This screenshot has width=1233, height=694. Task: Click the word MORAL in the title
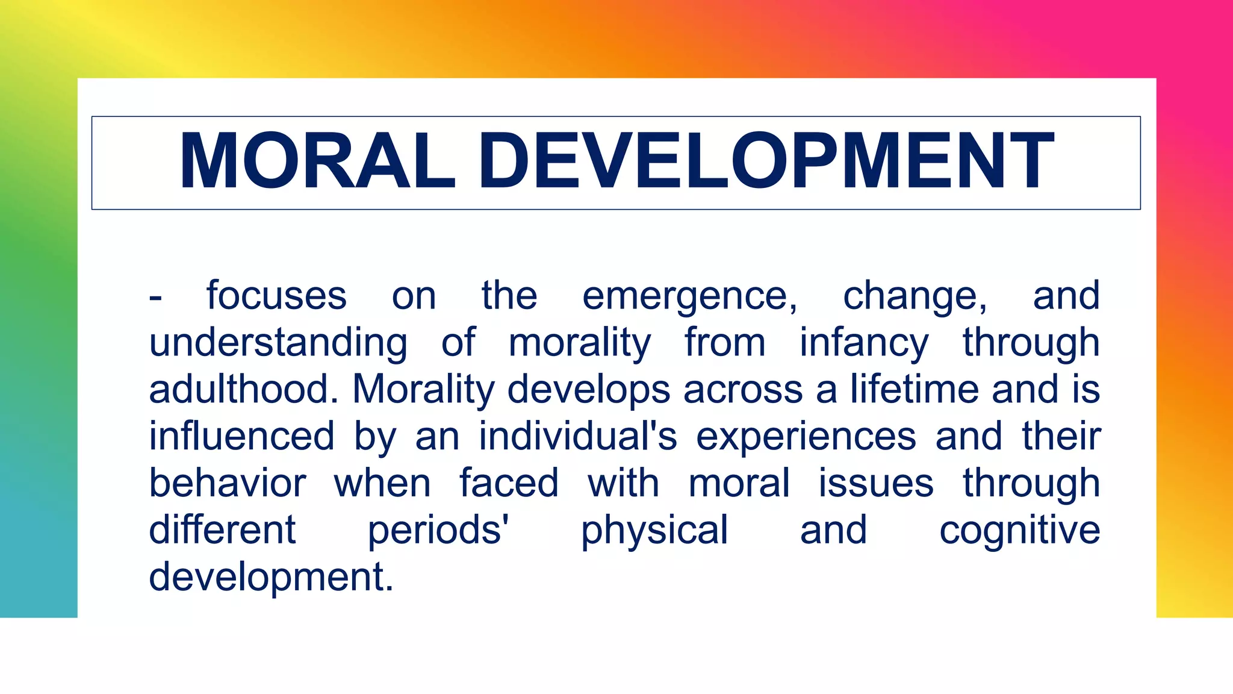(x=317, y=161)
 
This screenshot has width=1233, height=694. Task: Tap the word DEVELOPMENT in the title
(x=765, y=161)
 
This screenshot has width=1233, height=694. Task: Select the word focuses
(x=276, y=296)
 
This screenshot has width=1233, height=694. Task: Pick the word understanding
(x=278, y=343)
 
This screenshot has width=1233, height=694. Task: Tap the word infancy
(x=863, y=343)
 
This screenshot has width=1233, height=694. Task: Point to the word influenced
(x=241, y=436)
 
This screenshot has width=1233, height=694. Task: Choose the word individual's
(x=577, y=436)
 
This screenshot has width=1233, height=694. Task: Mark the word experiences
(x=806, y=436)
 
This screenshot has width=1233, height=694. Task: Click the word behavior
(x=228, y=483)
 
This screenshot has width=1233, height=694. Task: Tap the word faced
(x=509, y=483)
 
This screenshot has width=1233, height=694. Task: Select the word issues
(x=875, y=483)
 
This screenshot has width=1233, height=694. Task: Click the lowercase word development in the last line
(x=270, y=578)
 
